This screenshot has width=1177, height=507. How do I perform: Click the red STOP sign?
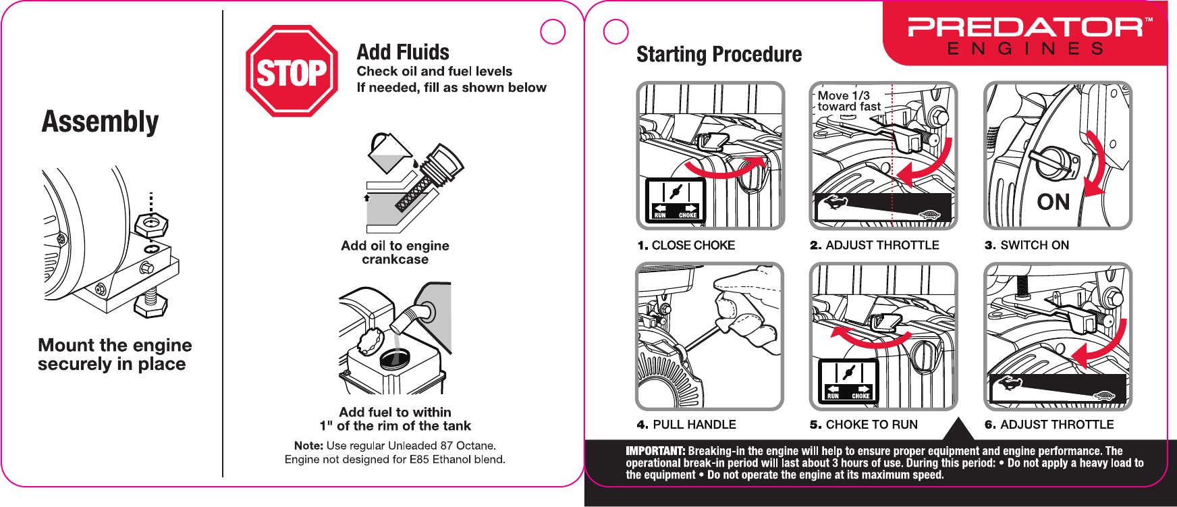click(x=292, y=71)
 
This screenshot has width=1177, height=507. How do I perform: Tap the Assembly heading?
click(x=101, y=122)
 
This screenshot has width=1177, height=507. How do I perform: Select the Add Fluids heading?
click(x=403, y=52)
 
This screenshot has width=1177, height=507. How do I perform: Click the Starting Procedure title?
click(x=719, y=54)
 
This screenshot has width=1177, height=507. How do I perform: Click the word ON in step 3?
click(x=1053, y=202)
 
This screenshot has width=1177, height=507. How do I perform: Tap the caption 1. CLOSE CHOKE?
click(x=686, y=245)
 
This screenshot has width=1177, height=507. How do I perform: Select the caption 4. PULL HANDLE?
click(x=686, y=425)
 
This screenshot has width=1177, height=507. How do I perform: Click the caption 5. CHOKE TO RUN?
click(x=864, y=425)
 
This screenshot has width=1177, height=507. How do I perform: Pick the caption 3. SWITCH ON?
click(x=1027, y=245)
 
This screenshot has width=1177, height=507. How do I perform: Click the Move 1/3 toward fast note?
click(x=849, y=101)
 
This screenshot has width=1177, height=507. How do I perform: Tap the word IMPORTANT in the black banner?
click(x=655, y=451)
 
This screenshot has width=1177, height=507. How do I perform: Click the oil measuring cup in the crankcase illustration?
click(x=389, y=153)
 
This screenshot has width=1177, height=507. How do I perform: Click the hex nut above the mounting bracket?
click(x=151, y=225)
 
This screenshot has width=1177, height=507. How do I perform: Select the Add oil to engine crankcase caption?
click(x=395, y=252)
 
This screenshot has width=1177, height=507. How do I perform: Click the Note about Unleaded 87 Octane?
click(x=395, y=452)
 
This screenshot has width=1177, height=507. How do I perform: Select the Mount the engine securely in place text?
click(x=115, y=354)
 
